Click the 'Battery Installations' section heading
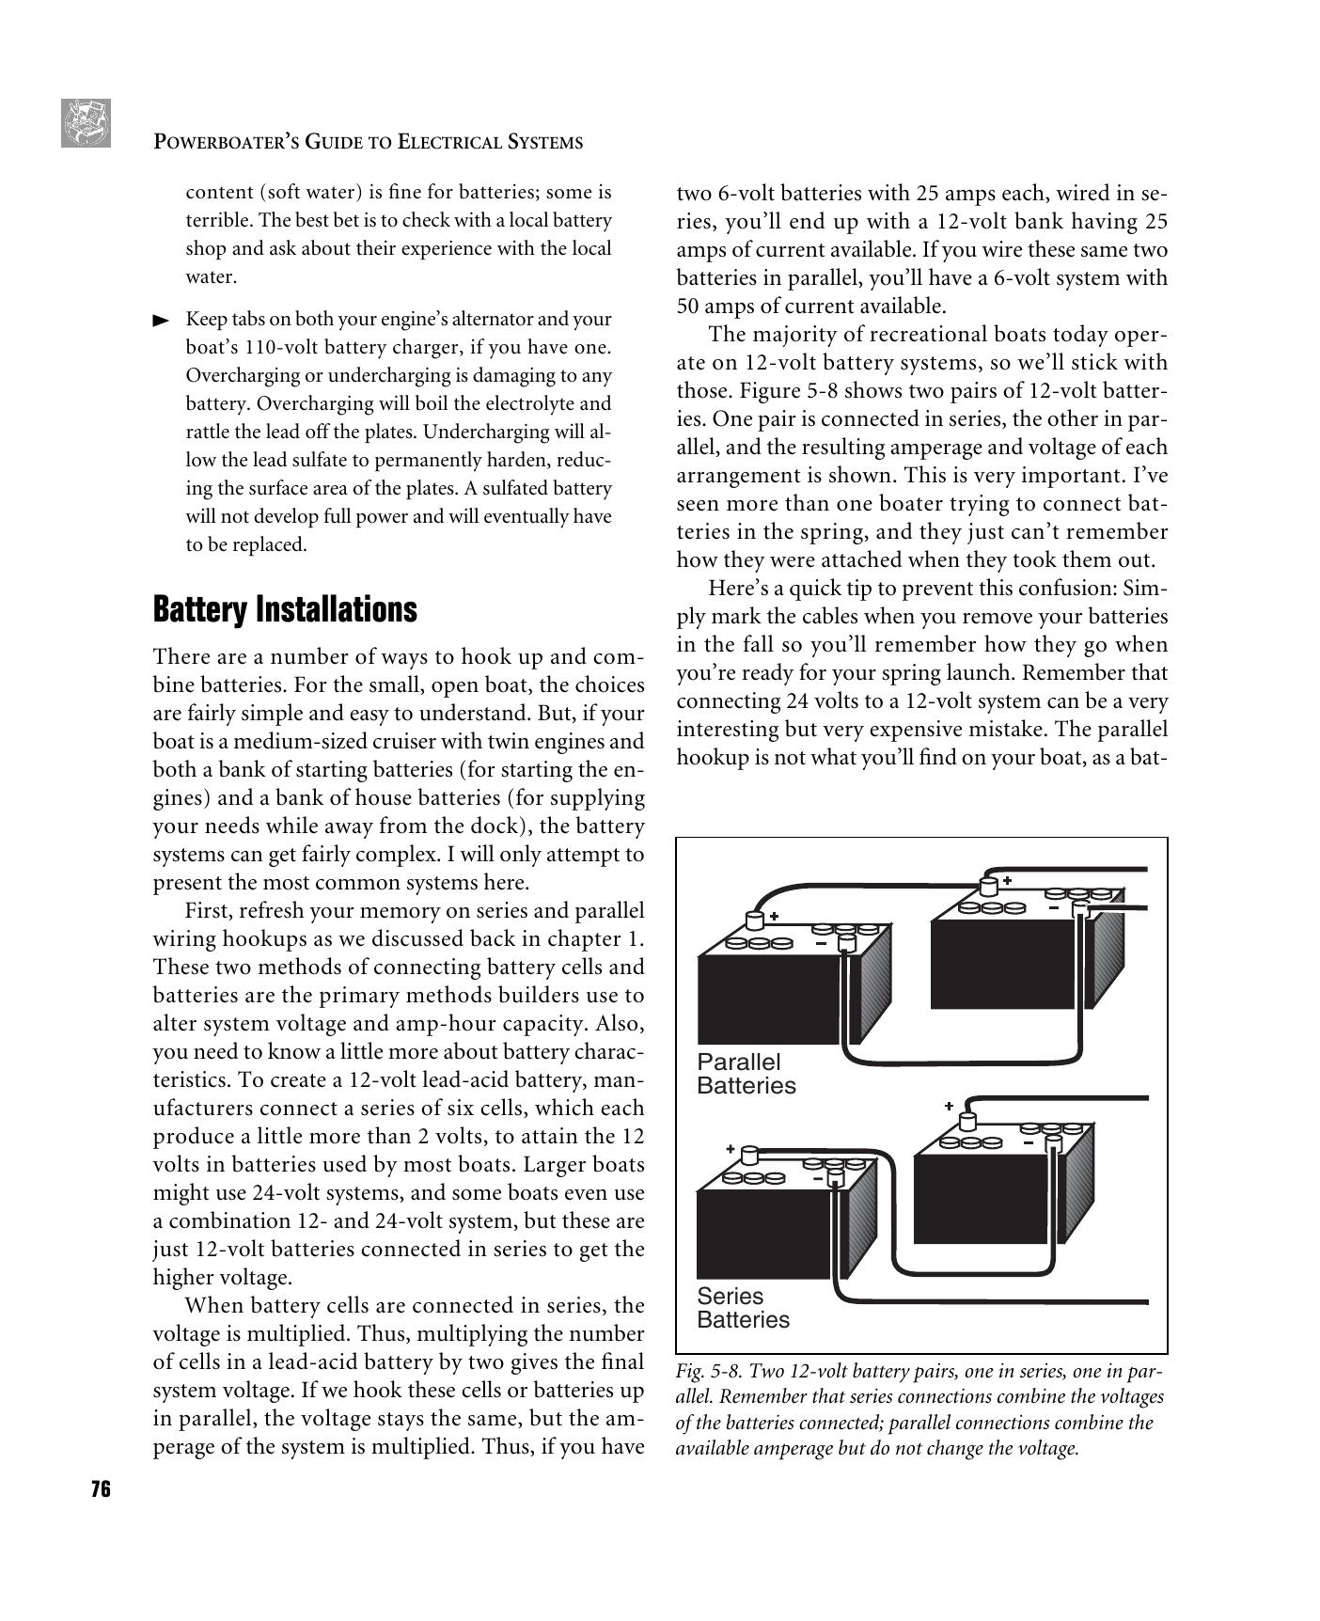[x=284, y=609]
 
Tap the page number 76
[x=101, y=1489]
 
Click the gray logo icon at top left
[x=86, y=123]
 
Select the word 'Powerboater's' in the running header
[x=218, y=143]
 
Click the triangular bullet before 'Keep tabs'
[x=162, y=321]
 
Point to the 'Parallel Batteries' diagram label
[x=746, y=1074]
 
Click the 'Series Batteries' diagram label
[x=743, y=1308]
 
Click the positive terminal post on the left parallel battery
[x=755, y=921]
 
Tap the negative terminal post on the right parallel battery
[x=1081, y=909]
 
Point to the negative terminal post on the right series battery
[x=1053, y=1143]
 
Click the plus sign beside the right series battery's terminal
[x=949, y=1107]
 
